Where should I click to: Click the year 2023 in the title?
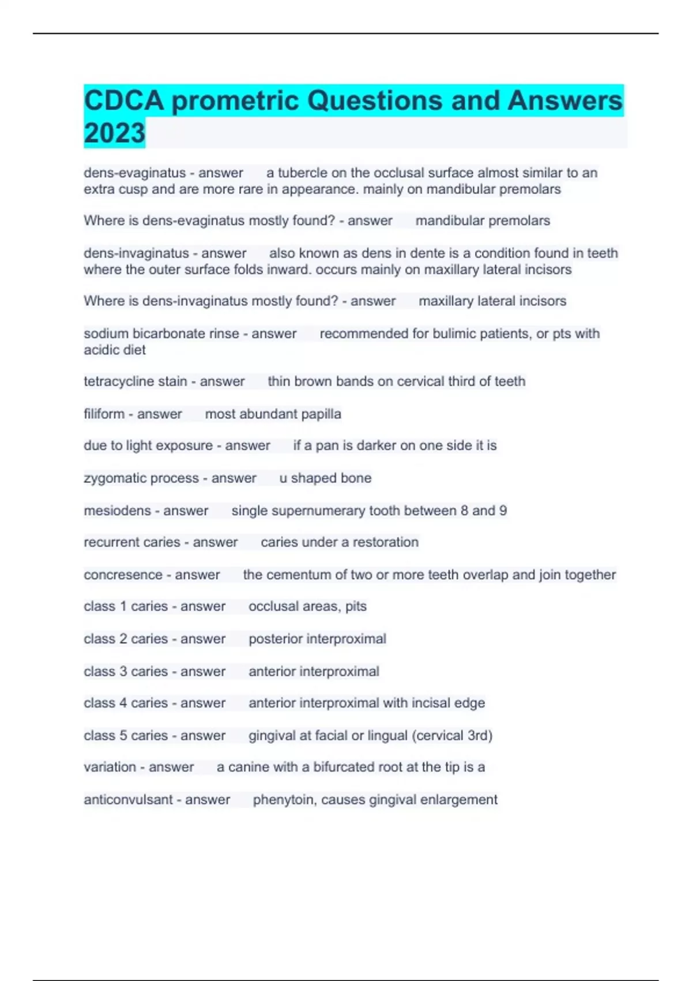(114, 133)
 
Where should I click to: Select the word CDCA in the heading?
(124, 100)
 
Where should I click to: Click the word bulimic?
(443, 334)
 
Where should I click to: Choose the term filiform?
(104, 414)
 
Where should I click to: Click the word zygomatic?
(112, 478)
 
